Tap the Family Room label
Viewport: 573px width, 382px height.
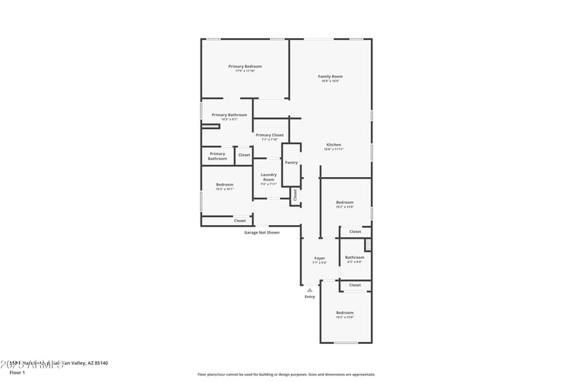(330, 76)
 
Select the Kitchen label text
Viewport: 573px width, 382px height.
(334, 145)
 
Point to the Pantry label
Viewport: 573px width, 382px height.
(291, 163)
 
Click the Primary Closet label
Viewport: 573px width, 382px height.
(269, 135)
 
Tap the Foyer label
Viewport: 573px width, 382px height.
(319, 258)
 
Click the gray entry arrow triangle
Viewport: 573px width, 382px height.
(309, 290)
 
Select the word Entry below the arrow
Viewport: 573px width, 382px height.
(309, 297)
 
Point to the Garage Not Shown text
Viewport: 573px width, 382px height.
(262, 232)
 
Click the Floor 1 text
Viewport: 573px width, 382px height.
(17, 373)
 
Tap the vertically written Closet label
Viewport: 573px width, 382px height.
(294, 194)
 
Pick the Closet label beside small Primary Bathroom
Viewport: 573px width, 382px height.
(244, 155)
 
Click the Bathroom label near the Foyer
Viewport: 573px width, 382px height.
(355, 257)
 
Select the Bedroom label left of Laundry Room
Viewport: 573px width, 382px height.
(225, 185)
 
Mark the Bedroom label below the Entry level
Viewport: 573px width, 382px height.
(345, 312)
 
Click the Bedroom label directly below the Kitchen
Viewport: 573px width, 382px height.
(345, 203)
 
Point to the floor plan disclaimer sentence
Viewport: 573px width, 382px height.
(286, 374)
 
